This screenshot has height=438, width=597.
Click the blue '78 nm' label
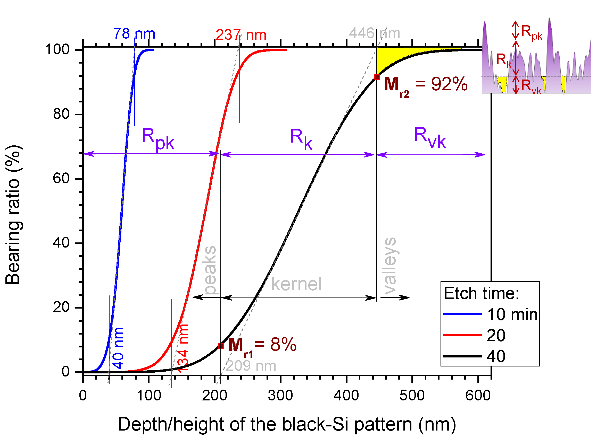[134, 34]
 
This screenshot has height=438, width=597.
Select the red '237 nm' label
[241, 35]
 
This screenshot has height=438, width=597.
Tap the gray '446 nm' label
[374, 33]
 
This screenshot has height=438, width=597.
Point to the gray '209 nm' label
[251, 366]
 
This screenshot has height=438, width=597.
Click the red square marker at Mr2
[377, 77]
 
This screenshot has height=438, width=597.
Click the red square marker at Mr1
[220, 346]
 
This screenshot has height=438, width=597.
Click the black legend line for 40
[462, 356]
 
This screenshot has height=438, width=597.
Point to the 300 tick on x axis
[280, 396]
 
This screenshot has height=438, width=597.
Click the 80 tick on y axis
[61, 114]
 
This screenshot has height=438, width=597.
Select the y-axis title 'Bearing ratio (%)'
[13, 215]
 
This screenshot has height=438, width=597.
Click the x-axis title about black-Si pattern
[287, 424]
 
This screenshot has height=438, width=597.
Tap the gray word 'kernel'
[296, 284]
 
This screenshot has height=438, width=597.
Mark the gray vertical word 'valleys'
[390, 266]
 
